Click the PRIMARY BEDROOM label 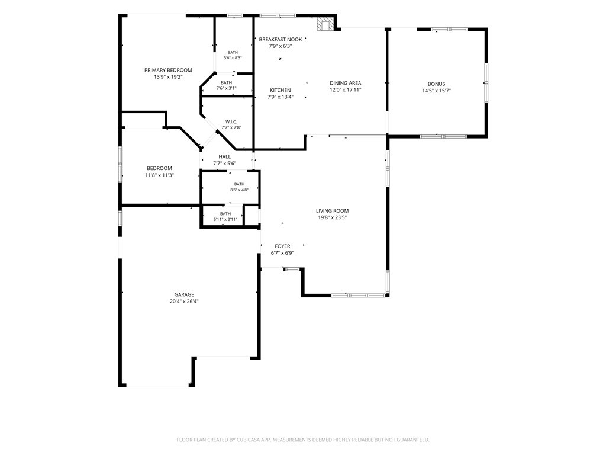tap(168, 70)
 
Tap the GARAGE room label tap(184, 294)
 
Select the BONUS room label tap(436, 84)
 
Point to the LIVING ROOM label tap(333, 211)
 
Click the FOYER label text tap(282, 246)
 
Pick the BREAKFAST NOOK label tap(281, 40)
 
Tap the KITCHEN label tap(280, 90)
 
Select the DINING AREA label tap(346, 83)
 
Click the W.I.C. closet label tap(231, 122)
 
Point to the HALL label tap(224, 156)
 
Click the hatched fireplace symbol tap(325, 24)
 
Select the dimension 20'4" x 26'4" tap(184, 302)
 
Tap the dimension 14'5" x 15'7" tap(437, 91)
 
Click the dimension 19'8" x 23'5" tap(333, 217)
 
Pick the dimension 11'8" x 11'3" tap(159, 175)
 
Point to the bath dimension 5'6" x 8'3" tap(233, 58)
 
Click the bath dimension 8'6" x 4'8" tap(239, 190)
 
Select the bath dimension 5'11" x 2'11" tap(225, 220)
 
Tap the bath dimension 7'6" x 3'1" tap(227, 88)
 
